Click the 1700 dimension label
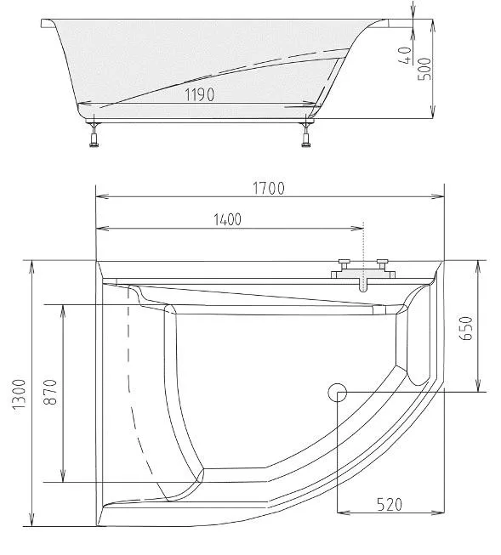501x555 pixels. (269, 189)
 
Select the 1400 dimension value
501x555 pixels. (227, 220)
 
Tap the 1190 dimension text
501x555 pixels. (200, 94)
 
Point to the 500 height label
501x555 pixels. (424, 69)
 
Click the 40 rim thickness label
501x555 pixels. (406, 55)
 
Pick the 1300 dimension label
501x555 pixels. (20, 394)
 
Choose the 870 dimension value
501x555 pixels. (50, 392)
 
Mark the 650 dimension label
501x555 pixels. (466, 328)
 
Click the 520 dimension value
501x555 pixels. (390, 505)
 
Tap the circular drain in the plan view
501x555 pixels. (337, 392)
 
